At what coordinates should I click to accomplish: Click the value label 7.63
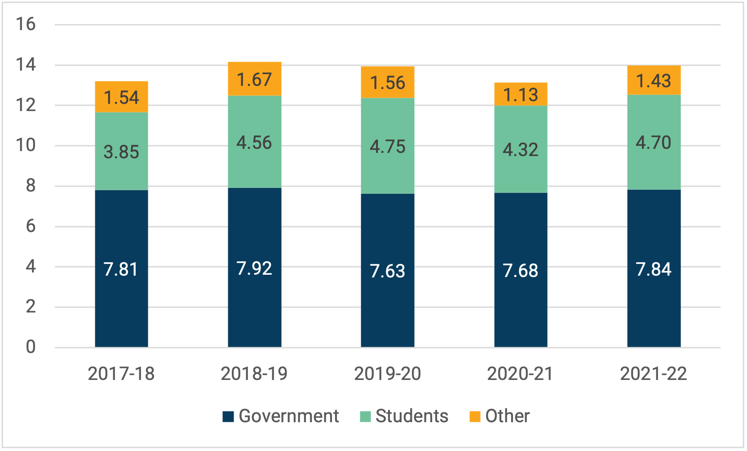[387, 271]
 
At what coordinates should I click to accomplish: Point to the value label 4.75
[387, 147]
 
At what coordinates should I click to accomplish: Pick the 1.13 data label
[520, 95]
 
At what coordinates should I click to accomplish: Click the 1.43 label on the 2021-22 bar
[654, 81]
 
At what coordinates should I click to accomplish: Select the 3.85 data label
[121, 152]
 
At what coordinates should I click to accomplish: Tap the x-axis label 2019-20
[387, 374]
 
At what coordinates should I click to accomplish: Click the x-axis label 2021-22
[654, 374]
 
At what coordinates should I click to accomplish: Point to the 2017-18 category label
[121, 374]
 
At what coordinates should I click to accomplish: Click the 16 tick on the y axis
[26, 24]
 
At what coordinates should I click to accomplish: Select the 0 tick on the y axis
[30, 347]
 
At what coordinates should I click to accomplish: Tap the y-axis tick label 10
[26, 145]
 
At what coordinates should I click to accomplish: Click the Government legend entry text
[288, 416]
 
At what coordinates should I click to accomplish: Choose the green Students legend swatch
[365, 416]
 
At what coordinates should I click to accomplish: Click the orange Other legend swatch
[475, 416]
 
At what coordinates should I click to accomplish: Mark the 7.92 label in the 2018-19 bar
[254, 268]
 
